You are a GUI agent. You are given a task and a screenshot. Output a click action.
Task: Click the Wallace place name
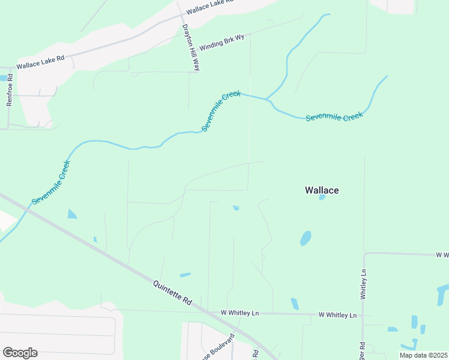(x=322, y=190)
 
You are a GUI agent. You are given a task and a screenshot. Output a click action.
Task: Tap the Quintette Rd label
(x=172, y=293)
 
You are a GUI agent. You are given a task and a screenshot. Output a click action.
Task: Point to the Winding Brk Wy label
(x=221, y=41)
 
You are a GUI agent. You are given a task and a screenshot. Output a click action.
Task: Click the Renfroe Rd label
(x=10, y=95)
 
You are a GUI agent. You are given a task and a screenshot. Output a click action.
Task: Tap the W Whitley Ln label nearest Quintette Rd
(x=240, y=313)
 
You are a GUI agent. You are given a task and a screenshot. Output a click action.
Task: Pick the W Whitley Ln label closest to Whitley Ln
(x=337, y=315)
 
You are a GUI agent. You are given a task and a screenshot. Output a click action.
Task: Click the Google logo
(x=20, y=353)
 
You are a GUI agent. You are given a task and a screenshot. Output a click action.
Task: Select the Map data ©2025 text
(x=423, y=355)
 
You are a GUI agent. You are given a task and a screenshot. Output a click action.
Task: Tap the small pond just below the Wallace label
(x=322, y=197)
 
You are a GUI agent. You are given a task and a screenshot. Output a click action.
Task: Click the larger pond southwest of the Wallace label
(x=306, y=238)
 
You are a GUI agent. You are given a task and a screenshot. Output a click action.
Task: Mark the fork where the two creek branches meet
(x=266, y=99)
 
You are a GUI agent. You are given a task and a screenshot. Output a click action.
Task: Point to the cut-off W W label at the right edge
(x=442, y=255)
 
